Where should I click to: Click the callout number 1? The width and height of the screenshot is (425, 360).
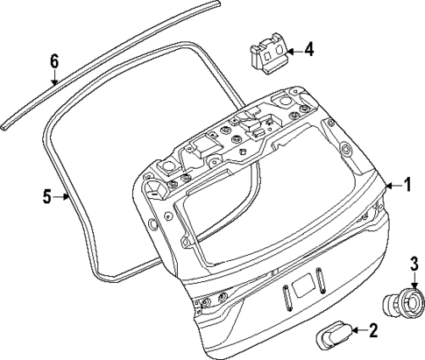(x=406, y=185)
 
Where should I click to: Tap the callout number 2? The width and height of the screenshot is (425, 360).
(x=372, y=330)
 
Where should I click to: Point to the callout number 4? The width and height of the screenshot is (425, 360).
(x=308, y=50)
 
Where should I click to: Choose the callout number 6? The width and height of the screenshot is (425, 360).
(x=54, y=60)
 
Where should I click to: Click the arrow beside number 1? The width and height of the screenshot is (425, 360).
(x=388, y=185)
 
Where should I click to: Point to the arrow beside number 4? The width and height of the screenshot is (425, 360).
(x=292, y=50)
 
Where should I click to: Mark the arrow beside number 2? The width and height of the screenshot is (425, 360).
(x=356, y=330)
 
